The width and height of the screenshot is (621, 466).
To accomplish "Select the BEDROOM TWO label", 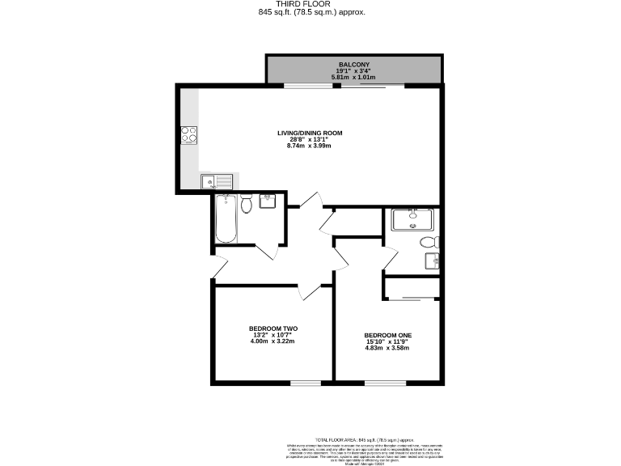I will (273, 328).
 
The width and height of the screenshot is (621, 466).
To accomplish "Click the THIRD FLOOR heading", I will (310, 4).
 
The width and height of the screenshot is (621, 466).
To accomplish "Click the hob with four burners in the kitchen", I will (190, 135).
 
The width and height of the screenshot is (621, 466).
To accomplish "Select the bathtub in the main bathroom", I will (226, 219).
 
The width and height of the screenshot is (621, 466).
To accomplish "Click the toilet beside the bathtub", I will (247, 205).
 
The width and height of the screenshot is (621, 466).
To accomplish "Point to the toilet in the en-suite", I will (428, 243).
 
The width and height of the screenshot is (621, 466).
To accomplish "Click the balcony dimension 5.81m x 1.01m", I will (355, 76).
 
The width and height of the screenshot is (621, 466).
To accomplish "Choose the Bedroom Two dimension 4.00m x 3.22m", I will (273, 341).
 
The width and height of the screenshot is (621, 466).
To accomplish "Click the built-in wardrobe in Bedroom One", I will (412, 287).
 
